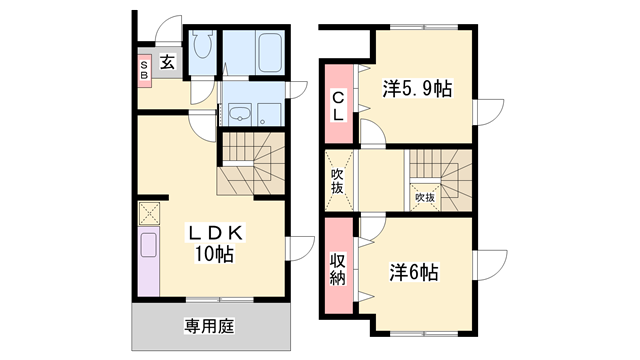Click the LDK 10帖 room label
coord(215,243)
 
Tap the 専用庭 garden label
coord(210,327)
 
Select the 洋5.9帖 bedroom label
coord(417,89)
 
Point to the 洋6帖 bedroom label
coord(414,272)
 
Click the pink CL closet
coord(339,104)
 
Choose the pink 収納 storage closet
coord(339,265)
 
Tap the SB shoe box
coord(144,71)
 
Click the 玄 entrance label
coord(167,62)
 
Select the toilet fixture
coord(202,44)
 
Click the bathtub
coord(270,52)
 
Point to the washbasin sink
coord(239,113)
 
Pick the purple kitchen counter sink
coord(149,245)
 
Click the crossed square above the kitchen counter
coord(149,213)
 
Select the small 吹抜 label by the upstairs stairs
coord(425,198)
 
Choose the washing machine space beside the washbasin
coord(269,113)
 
